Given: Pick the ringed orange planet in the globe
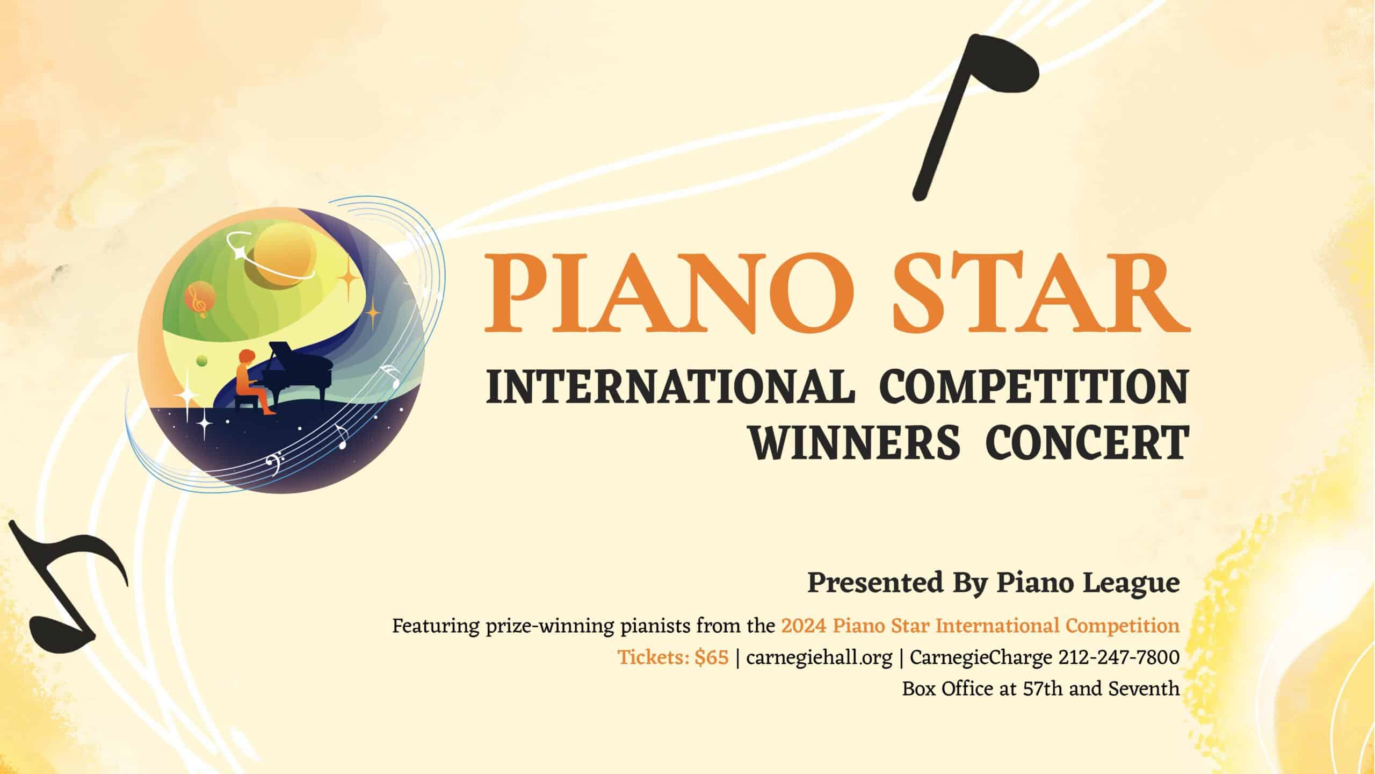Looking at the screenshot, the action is pyautogui.click(x=282, y=258).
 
